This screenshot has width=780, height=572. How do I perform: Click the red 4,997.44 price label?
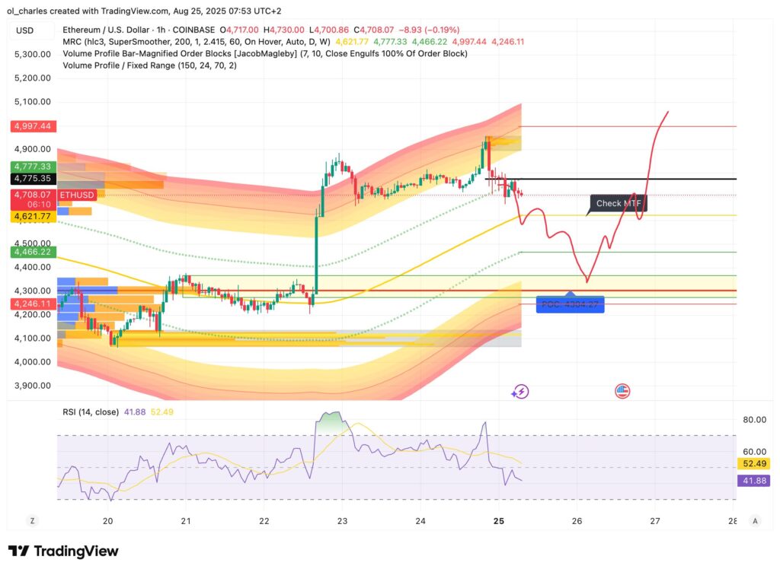(x=31, y=126)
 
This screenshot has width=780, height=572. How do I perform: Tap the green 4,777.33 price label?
(x=31, y=167)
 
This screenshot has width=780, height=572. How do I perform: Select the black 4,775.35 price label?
(x=31, y=179)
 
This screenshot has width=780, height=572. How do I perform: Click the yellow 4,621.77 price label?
(x=31, y=217)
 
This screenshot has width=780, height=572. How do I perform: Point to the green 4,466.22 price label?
(x=31, y=251)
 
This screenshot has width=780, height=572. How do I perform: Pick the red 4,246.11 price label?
(x=31, y=303)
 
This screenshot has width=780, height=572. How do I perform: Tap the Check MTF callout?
(x=619, y=203)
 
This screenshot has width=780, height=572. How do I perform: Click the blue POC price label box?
(x=570, y=304)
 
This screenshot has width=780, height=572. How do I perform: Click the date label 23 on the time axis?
(x=342, y=521)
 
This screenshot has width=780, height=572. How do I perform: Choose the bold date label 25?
(x=499, y=521)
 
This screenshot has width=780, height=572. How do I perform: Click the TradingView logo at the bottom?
(x=63, y=551)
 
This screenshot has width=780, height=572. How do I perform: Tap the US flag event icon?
(x=622, y=392)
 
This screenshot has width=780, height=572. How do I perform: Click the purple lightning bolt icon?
(x=520, y=392)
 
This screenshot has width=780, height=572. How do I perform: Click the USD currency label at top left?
(x=25, y=30)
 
